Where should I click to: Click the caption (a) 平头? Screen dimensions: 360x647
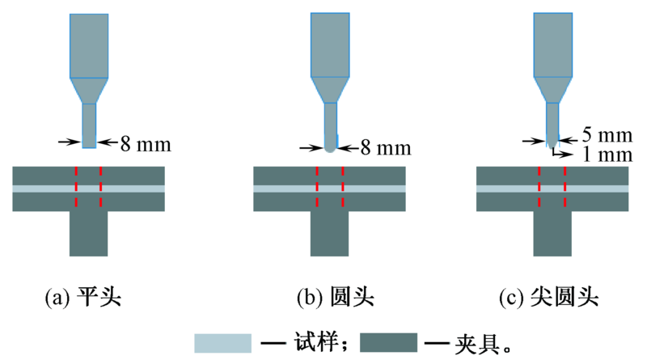[82, 298]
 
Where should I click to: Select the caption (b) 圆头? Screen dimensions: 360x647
[329, 298]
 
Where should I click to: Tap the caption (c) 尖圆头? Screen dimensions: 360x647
[552, 298]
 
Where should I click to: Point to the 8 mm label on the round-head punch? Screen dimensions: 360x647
[385, 148]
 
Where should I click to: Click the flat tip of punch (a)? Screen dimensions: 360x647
[89, 146]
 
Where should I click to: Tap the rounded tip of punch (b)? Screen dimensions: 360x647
[330, 149]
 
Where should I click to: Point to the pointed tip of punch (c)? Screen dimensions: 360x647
[552, 144]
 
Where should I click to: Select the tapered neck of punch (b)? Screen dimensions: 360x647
[330, 90]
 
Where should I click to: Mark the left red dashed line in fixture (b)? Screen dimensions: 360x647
[317, 188]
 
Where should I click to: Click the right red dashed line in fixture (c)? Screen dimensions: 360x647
[565, 188]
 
